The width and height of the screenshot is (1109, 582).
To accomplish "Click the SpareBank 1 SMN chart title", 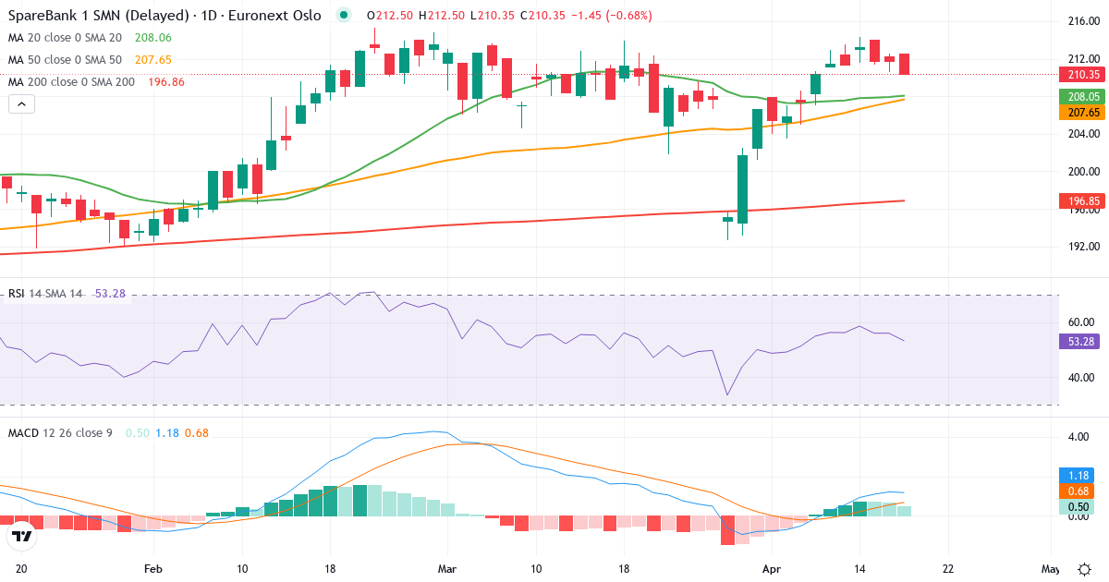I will click(x=165, y=16).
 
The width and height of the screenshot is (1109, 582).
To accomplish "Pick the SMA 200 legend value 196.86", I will click(x=165, y=82).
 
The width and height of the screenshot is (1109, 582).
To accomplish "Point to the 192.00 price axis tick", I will click(x=1082, y=247).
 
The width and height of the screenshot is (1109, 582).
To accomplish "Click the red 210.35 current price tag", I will click(x=1082, y=75).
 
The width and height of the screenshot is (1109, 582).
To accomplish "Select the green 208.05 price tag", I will click(x=1082, y=97).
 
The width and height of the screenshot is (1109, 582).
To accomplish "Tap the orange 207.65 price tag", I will click(x=1082, y=112).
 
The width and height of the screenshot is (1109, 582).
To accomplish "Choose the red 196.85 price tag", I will click(x=1082, y=200).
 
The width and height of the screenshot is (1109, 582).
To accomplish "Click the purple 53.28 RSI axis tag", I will click(x=1079, y=341).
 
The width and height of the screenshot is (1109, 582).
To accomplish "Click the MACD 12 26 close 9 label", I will click(x=60, y=432).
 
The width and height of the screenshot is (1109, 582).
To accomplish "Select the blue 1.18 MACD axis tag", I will click(x=1075, y=475).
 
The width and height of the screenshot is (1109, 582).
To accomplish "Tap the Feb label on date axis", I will click(x=153, y=569).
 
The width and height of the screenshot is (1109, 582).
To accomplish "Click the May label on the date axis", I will click(x=1049, y=569).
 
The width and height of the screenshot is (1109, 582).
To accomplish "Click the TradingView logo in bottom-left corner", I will click(x=21, y=535).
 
